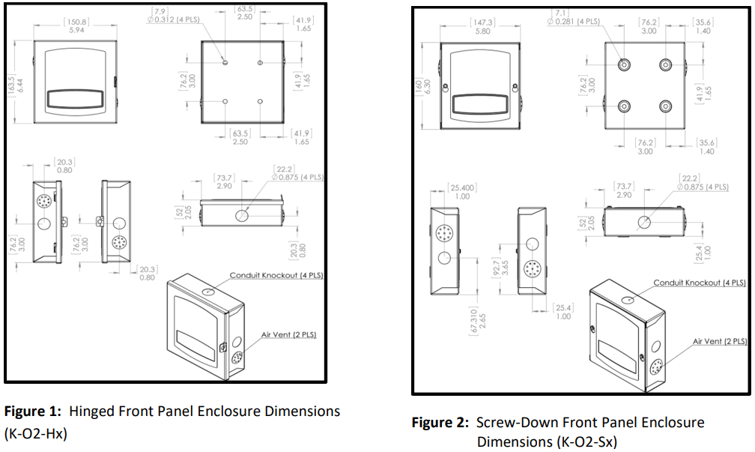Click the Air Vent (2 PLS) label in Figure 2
pyautogui.click(x=718, y=341)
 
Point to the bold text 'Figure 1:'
pyautogui.click(x=34, y=412)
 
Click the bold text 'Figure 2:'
pyautogui.click(x=441, y=423)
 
